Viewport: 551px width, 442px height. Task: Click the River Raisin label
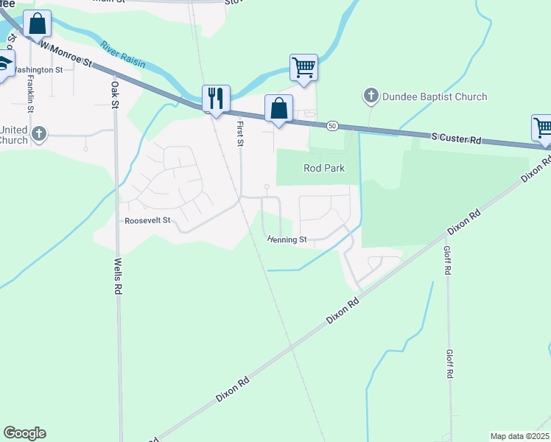pos(123,55)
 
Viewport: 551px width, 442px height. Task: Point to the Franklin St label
pos(31,94)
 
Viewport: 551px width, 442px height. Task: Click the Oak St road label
pos(115,94)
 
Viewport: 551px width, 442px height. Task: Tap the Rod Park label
pos(324,168)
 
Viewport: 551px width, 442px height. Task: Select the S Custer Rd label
pos(456,138)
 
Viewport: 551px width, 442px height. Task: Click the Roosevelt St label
pos(147,220)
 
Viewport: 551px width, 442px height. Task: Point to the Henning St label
pos(287,239)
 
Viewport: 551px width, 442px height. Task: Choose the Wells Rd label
pos(117,276)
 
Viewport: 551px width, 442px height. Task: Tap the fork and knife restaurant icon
pos(216,98)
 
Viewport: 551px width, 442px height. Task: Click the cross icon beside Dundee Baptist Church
pos(371,97)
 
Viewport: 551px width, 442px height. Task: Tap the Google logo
pos(24,433)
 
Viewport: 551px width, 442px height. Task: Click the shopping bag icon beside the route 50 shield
pos(278,108)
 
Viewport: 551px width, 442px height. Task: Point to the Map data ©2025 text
pos(519,436)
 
